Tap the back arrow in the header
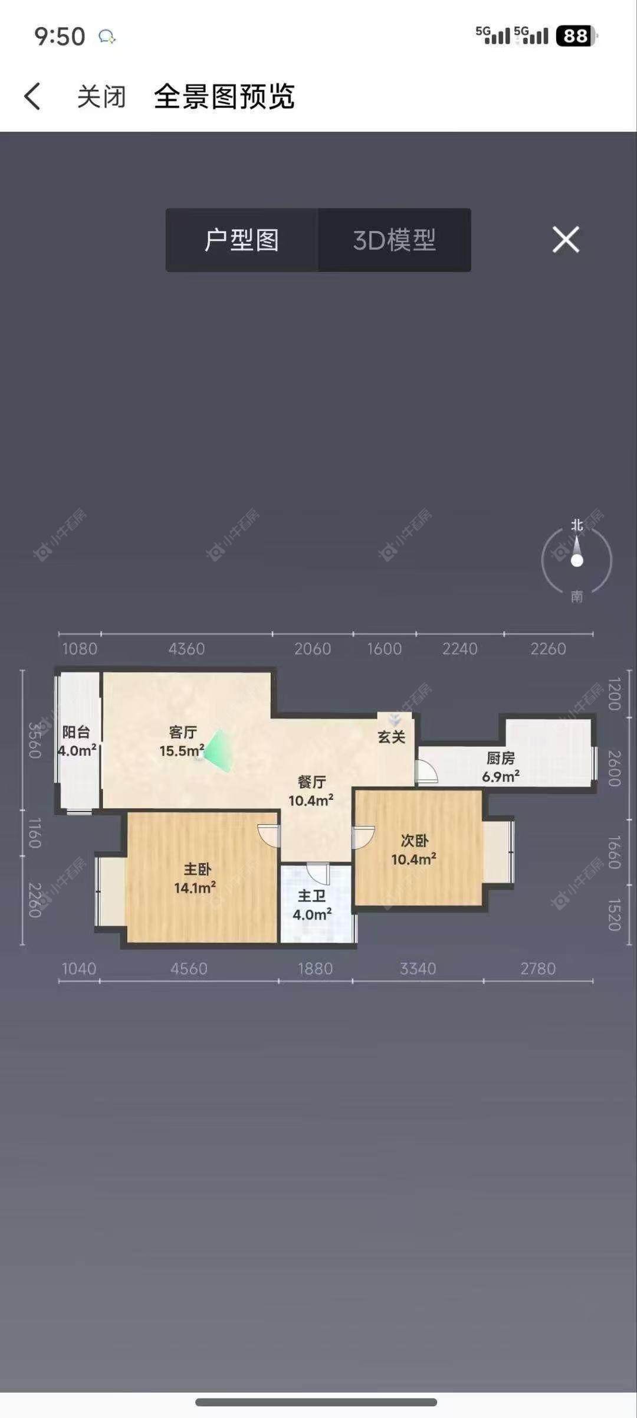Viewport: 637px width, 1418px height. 32,96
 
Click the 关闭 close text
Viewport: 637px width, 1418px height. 101,96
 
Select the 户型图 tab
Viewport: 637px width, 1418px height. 242,240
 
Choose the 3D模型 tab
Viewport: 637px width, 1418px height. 394,240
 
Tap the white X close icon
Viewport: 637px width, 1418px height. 566,240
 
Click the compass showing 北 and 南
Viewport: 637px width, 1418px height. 576,560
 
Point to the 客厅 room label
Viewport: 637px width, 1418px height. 182,733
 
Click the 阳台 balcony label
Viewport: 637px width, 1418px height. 76,733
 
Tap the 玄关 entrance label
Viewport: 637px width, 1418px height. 392,737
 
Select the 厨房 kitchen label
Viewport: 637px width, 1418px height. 500,758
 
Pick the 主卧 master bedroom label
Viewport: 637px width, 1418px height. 197,870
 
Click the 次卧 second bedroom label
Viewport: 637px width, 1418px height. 414,841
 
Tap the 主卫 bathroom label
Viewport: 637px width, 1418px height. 311,896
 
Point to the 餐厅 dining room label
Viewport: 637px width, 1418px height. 311,782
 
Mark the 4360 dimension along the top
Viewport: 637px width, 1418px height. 186,649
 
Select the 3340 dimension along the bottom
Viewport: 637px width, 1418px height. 418,969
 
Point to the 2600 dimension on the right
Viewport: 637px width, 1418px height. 614,768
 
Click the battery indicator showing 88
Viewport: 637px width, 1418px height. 576,37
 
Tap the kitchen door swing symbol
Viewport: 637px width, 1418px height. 426,771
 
